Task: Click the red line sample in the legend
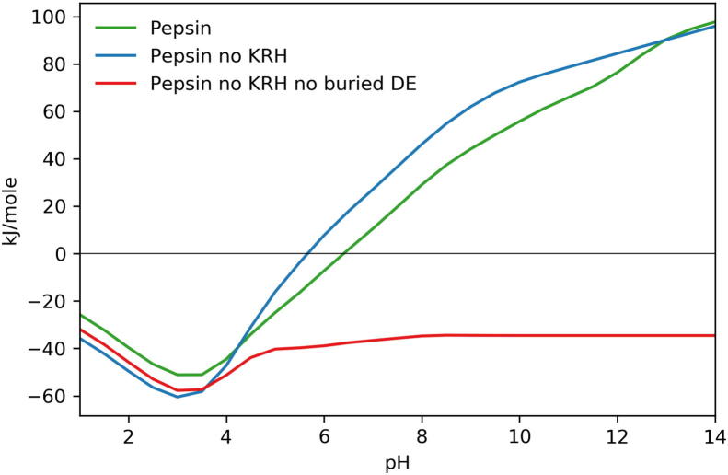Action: [x=115, y=84]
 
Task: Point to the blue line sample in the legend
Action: [x=115, y=54]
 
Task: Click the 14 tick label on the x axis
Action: [x=714, y=434]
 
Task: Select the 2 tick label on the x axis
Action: [x=129, y=434]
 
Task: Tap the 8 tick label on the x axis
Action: [x=422, y=434]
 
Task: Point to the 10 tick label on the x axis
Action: [x=519, y=434]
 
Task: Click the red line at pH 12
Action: [x=617, y=335]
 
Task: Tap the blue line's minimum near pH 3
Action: [x=178, y=396]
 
